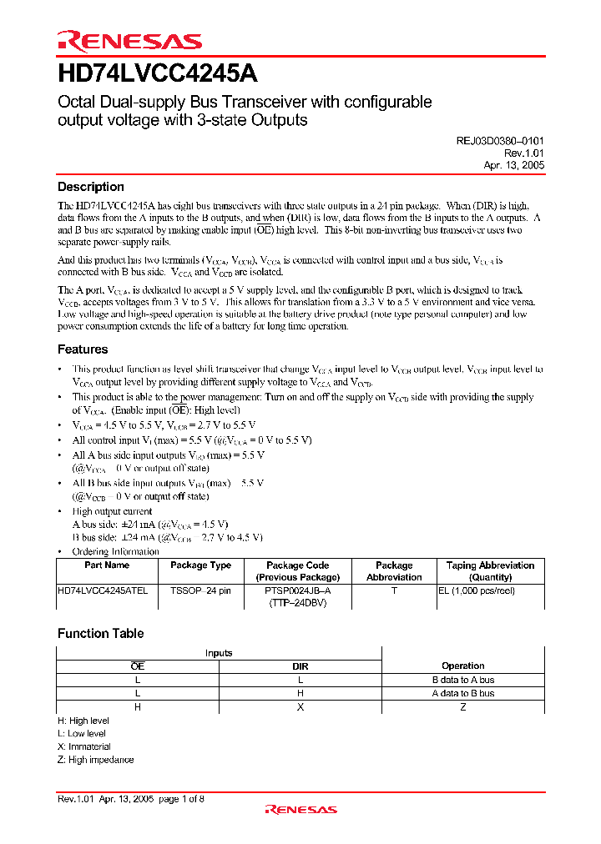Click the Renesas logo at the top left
point(129,41)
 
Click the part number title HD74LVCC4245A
point(157,74)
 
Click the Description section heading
point(90,187)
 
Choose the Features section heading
point(83,349)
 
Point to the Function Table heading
point(100,634)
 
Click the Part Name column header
point(107,565)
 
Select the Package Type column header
point(200,565)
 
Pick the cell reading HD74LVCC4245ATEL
point(103,590)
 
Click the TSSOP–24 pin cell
point(200,590)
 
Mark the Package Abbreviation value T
point(394,590)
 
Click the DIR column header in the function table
point(300,666)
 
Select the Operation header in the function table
point(462,666)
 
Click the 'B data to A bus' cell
point(462,680)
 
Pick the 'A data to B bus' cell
point(462,693)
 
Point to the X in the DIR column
point(300,706)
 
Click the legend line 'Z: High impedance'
point(95,760)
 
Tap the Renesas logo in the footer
point(300,809)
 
